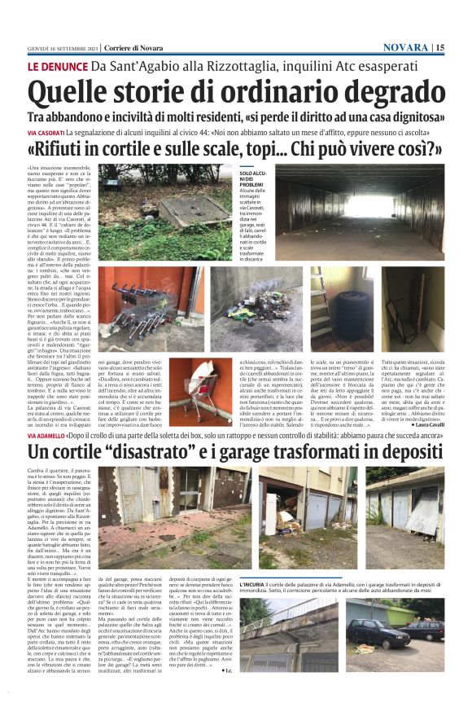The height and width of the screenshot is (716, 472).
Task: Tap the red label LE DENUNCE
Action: pos(59,66)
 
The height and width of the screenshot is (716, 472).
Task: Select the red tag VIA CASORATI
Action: pos(48,132)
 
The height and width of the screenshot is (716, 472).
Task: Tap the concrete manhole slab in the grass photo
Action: pos(190,210)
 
